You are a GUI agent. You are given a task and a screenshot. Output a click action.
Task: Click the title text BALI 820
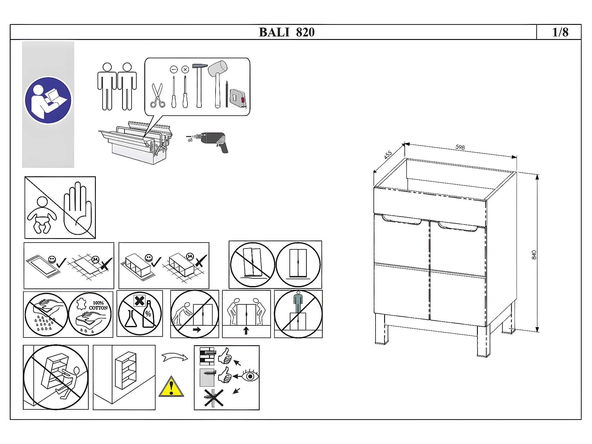(x=287, y=32)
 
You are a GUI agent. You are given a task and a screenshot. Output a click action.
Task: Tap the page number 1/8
(x=560, y=32)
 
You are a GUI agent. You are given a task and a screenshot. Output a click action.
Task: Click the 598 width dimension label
(x=460, y=147)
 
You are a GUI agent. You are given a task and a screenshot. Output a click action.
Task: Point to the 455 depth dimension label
(x=388, y=155)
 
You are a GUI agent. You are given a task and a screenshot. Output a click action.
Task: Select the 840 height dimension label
(x=534, y=255)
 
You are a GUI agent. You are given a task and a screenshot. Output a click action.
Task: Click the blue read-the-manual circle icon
(x=48, y=100)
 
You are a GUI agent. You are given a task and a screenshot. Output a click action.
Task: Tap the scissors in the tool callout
(x=158, y=95)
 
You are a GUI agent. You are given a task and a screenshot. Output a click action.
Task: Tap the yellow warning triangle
(x=171, y=386)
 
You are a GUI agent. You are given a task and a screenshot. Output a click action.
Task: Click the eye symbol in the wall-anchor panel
(x=250, y=376)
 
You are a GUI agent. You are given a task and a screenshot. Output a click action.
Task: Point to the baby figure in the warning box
(x=42, y=215)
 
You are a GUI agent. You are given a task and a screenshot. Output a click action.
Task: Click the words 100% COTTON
(x=98, y=305)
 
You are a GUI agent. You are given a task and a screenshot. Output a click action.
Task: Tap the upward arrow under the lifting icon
(x=246, y=330)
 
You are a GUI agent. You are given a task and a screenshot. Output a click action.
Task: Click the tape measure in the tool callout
(x=238, y=97)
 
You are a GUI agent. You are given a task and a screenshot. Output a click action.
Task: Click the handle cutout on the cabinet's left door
(x=401, y=220)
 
